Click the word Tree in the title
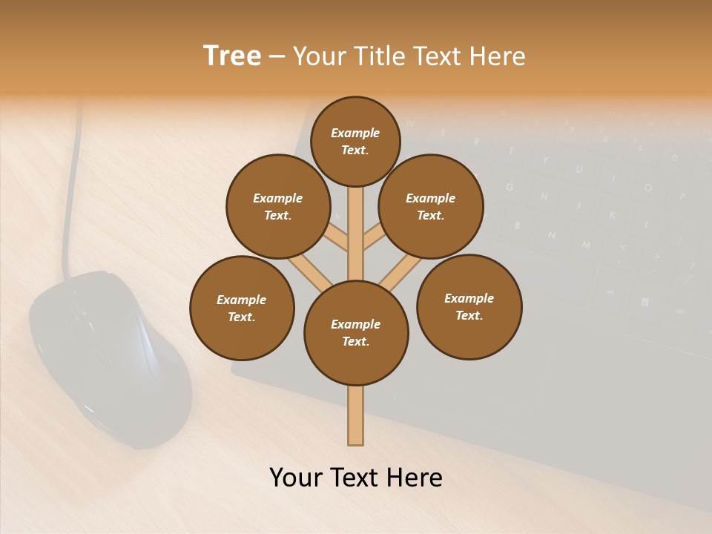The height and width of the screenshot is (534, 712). pos(232,56)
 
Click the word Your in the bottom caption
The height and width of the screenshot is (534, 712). pos(297,478)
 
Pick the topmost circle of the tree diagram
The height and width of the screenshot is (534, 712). pos(355,141)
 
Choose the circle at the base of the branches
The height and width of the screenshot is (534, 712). pos(356,333)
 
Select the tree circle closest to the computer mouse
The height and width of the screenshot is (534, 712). pos(242,309)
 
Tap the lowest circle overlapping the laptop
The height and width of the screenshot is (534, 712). pos(469,307)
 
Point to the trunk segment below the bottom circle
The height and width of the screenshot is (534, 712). pos(356,415)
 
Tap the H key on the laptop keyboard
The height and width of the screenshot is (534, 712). pos(544,197)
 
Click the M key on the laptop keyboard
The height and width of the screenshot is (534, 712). pos(586,244)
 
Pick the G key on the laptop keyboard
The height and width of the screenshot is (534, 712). pos(510,187)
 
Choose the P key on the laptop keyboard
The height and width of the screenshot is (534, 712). pos(682,197)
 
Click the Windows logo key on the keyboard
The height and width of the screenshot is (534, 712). pos(645,302)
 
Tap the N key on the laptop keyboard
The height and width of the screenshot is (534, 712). pos(552,235)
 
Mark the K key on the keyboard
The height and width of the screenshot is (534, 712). pos(612,215)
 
